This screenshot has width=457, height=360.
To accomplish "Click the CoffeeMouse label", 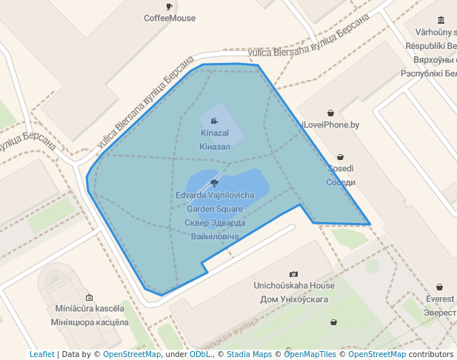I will pyautogui.click(x=170, y=18).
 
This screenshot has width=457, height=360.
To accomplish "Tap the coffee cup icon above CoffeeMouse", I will pyautogui.click(x=170, y=7).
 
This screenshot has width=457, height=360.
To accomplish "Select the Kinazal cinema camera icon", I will pyautogui.click(x=214, y=121).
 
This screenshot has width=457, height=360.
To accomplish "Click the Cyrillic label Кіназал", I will pyautogui.click(x=215, y=147).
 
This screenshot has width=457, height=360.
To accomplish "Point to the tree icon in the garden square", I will pyautogui.click(x=214, y=182).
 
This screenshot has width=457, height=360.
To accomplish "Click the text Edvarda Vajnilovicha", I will pyautogui.click(x=215, y=196).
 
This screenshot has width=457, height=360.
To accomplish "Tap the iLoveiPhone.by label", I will pyautogui.click(x=330, y=125).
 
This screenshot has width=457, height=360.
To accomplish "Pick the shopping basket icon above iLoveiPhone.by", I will pyautogui.click(x=330, y=113).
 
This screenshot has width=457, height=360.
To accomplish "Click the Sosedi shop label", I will pyautogui.click(x=341, y=169).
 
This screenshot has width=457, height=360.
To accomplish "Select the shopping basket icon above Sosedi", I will pyautogui.click(x=340, y=157).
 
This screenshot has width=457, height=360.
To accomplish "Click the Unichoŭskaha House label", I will pyautogui.click(x=294, y=286).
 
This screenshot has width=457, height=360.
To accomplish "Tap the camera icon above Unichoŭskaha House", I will pyautogui.click(x=294, y=274).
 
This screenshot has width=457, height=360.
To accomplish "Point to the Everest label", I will pyautogui.click(x=440, y=299).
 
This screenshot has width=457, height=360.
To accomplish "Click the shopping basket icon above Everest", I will pyautogui.click(x=440, y=287).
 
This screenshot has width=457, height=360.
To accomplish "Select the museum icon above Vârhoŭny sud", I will pyautogui.click(x=441, y=20).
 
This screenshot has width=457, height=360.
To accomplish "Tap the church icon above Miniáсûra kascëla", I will pyautogui.click(x=89, y=297).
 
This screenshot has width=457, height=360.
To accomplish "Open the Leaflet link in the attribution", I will pyautogui.click(x=42, y=355).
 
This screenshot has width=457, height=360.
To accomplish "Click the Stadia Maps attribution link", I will pyautogui.click(x=249, y=355).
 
